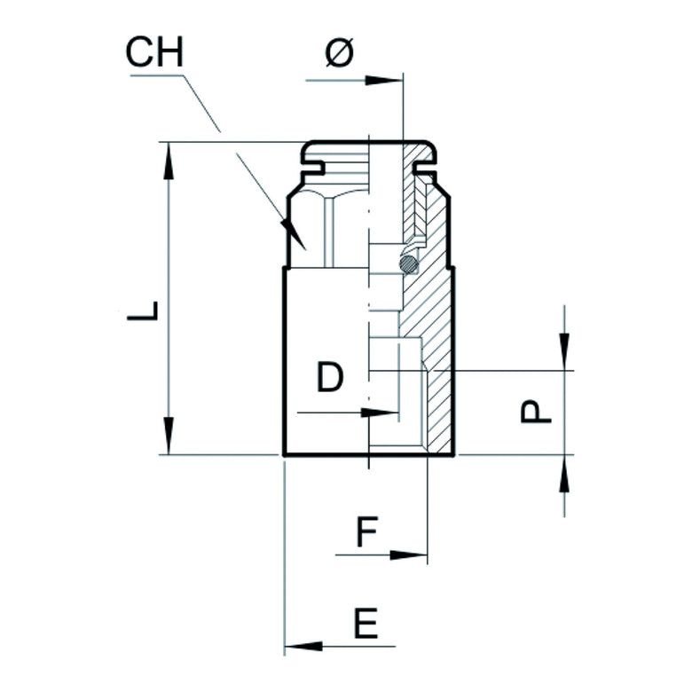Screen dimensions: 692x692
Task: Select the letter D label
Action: coord(329,379)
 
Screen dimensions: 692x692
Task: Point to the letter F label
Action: coord(368,534)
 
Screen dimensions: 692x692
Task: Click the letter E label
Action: coord(366,625)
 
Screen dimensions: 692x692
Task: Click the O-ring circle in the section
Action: coord(408,263)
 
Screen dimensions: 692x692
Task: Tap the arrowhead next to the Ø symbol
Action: coord(381,81)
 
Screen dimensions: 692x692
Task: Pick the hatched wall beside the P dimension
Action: coord(441,408)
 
